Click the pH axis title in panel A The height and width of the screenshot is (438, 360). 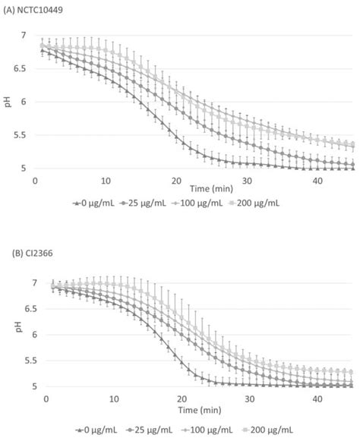pyautogui.click(x=8, y=102)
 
